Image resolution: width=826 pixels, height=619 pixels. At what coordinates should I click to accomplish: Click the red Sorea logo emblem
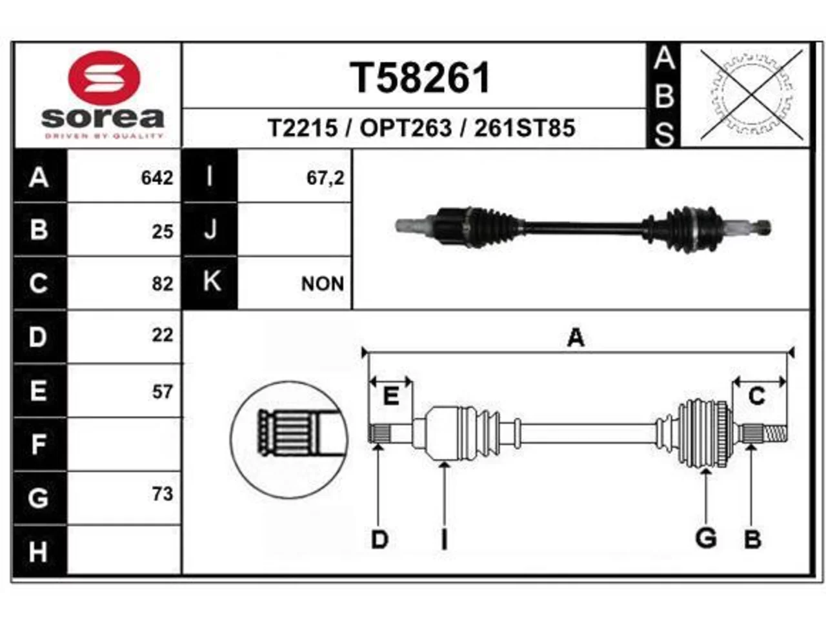pyautogui.click(x=104, y=78)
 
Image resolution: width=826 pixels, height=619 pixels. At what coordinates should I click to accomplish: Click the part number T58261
pyautogui.click(x=420, y=78)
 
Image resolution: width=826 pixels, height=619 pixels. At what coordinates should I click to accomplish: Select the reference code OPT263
pyautogui.click(x=406, y=128)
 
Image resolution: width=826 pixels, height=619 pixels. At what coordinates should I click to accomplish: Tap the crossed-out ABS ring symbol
pyautogui.click(x=752, y=95)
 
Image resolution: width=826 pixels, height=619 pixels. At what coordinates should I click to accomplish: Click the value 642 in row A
pyautogui.click(x=157, y=177)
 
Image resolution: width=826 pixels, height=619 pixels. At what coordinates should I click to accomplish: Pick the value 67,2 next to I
pyautogui.click(x=325, y=178)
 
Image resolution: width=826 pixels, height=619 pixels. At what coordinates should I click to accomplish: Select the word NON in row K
pyautogui.click(x=323, y=284)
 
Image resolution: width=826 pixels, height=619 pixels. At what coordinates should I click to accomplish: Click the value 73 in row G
pyautogui.click(x=163, y=494)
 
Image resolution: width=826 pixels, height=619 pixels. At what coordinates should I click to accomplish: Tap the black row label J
pyautogui.click(x=210, y=230)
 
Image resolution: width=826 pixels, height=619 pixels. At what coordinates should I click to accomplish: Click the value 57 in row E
pyautogui.click(x=163, y=392)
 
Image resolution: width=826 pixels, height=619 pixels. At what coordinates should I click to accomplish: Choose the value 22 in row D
pyautogui.click(x=163, y=335)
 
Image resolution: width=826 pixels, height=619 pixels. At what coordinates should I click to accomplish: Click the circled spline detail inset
pyautogui.click(x=289, y=439)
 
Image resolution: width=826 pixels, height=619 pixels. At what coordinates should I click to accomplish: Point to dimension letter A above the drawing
pyautogui.click(x=576, y=337)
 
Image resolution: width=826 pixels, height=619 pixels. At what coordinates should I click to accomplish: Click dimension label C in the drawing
pyautogui.click(x=757, y=396)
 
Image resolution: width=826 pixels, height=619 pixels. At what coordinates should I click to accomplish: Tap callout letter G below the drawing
pyautogui.click(x=705, y=538)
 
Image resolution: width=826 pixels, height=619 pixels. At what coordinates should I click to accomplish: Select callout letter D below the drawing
pyautogui.click(x=379, y=539)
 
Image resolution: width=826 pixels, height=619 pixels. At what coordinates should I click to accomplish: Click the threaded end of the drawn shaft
pyautogui.click(x=775, y=435)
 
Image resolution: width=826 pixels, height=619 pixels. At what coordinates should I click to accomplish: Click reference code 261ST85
pyautogui.click(x=525, y=128)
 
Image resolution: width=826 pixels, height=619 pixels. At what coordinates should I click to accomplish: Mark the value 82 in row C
pyautogui.click(x=163, y=284)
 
